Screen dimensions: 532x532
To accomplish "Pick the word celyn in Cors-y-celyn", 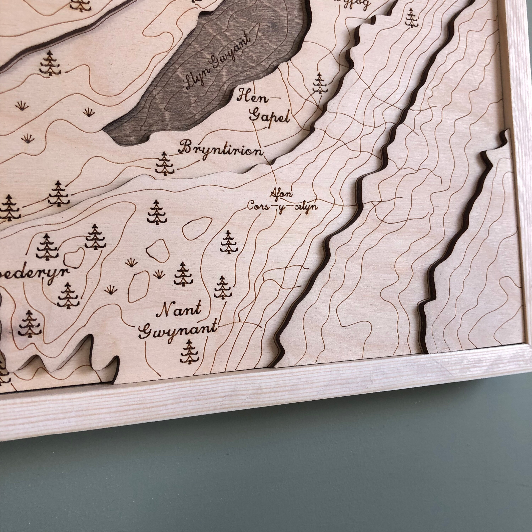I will tap(306, 207).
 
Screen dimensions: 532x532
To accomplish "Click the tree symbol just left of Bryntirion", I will tap(165, 163).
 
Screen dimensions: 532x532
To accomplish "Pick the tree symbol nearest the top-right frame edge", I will tap(411, 18).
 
